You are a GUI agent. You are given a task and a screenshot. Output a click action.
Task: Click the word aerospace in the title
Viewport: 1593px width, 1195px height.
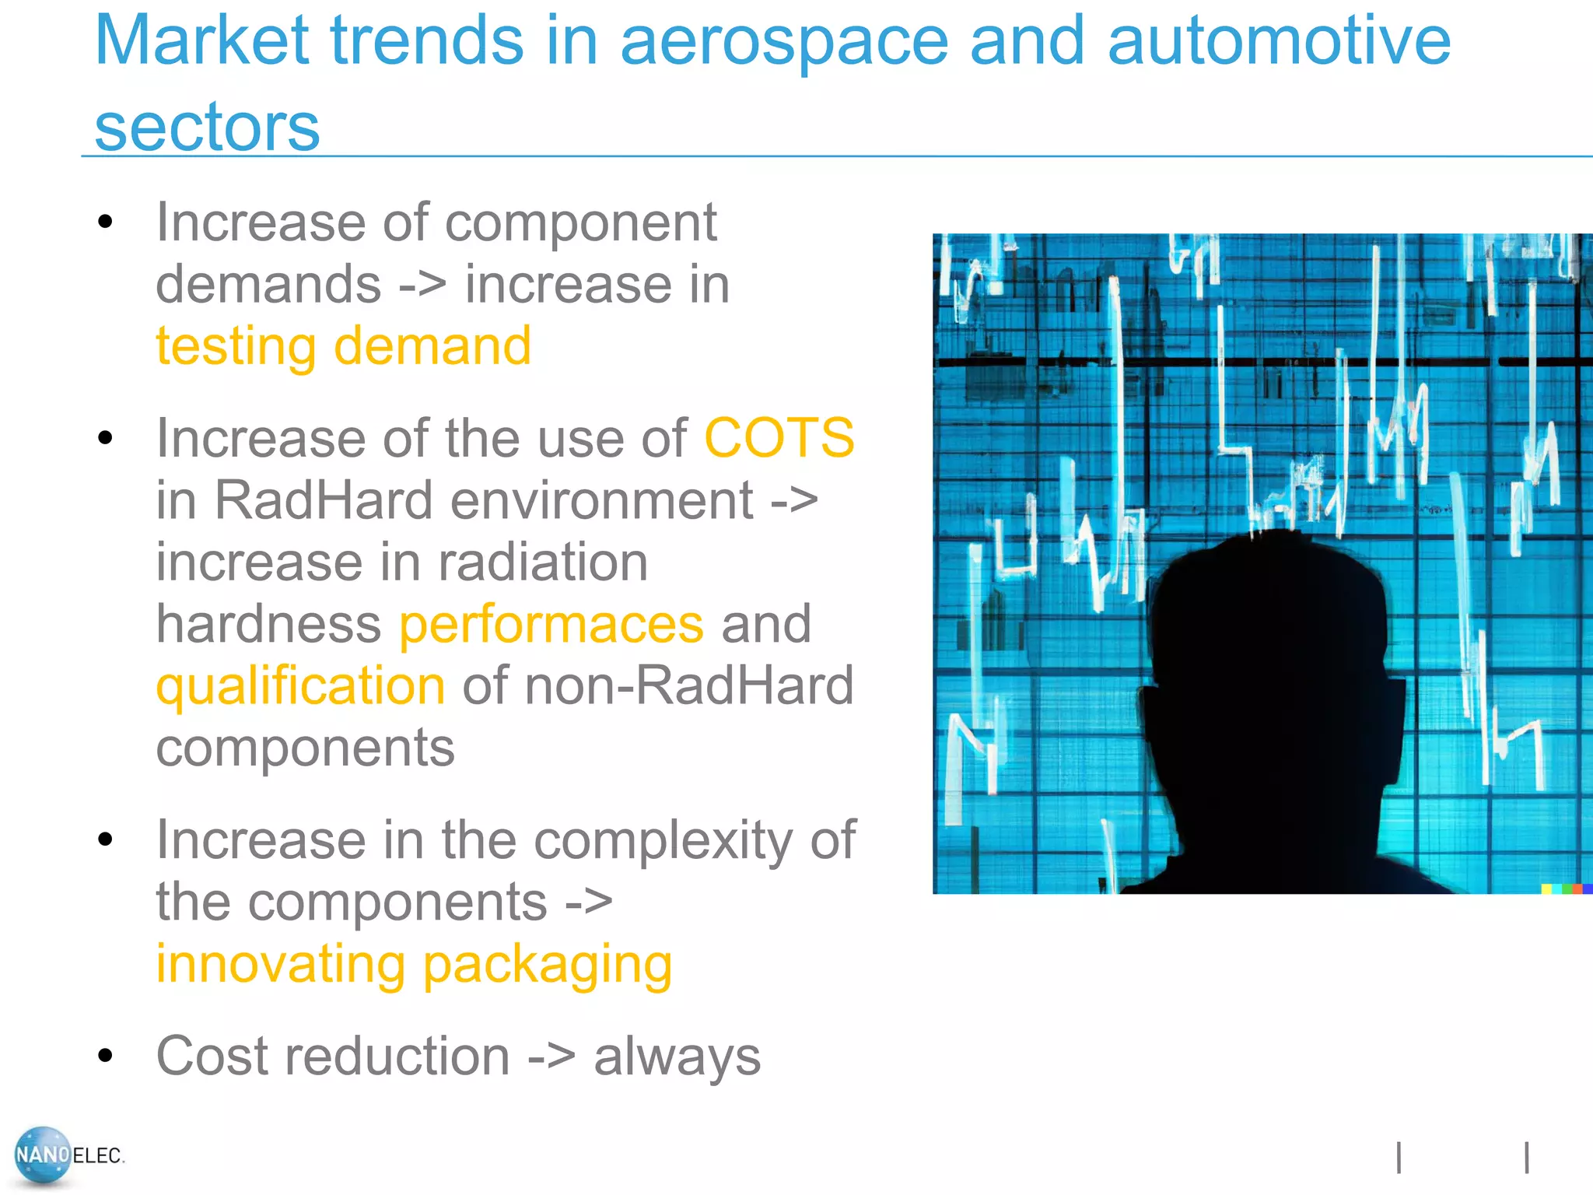click(x=783, y=43)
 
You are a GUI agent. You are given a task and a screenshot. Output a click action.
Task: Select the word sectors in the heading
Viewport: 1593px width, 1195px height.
click(x=207, y=128)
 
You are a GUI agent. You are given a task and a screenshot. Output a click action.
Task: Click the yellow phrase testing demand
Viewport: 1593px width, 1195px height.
click(x=343, y=346)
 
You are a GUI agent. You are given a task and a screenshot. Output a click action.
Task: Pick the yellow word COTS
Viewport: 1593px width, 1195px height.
click(x=779, y=438)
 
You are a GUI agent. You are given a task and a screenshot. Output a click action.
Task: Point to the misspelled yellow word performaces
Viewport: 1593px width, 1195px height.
click(x=551, y=624)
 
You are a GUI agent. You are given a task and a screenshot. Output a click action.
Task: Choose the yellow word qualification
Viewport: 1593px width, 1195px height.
click(x=300, y=686)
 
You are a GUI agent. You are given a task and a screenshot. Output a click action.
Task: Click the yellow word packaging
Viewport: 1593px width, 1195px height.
click(x=547, y=965)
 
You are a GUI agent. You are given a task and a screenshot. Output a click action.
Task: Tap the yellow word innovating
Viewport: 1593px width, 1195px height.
click(x=280, y=965)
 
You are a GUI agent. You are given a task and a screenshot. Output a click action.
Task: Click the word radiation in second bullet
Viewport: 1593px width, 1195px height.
click(x=542, y=562)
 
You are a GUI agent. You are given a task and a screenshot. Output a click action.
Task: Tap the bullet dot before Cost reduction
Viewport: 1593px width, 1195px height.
click(x=106, y=1056)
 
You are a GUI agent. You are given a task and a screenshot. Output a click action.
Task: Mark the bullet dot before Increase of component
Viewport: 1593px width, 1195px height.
click(x=106, y=222)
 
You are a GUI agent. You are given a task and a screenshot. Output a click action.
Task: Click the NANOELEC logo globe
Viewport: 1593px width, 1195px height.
click(x=43, y=1155)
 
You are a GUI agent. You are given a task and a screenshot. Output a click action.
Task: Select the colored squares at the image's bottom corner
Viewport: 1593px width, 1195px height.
click(x=1566, y=888)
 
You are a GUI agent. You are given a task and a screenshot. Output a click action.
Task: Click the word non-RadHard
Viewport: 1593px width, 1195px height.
click(x=689, y=686)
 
